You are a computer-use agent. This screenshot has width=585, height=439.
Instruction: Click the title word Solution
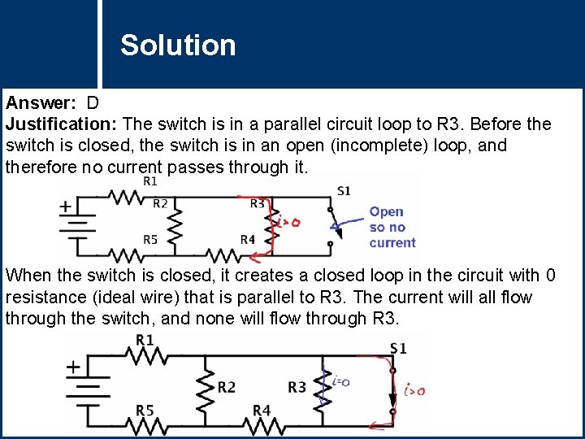(x=178, y=46)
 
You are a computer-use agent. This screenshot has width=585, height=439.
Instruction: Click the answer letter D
(x=93, y=103)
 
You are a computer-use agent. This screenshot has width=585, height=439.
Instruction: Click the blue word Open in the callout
(x=386, y=212)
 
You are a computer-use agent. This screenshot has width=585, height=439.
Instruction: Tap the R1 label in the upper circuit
(x=150, y=181)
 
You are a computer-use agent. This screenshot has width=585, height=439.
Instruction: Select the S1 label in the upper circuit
(x=344, y=190)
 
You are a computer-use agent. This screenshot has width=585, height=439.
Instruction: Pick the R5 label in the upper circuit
(x=151, y=240)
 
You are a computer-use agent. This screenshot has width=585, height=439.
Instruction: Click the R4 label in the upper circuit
(x=248, y=239)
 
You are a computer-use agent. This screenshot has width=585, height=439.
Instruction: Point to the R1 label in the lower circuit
(x=145, y=338)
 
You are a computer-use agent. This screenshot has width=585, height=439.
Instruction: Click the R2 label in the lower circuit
(x=227, y=387)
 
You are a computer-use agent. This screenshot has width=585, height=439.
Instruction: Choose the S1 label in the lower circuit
(x=398, y=348)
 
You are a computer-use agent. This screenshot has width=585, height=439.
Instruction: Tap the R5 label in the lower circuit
(x=145, y=411)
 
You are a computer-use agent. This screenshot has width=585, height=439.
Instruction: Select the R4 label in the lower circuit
(x=261, y=411)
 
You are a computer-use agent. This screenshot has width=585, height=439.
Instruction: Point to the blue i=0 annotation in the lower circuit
(x=340, y=381)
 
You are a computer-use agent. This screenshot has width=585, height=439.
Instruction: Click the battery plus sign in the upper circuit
(x=65, y=206)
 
